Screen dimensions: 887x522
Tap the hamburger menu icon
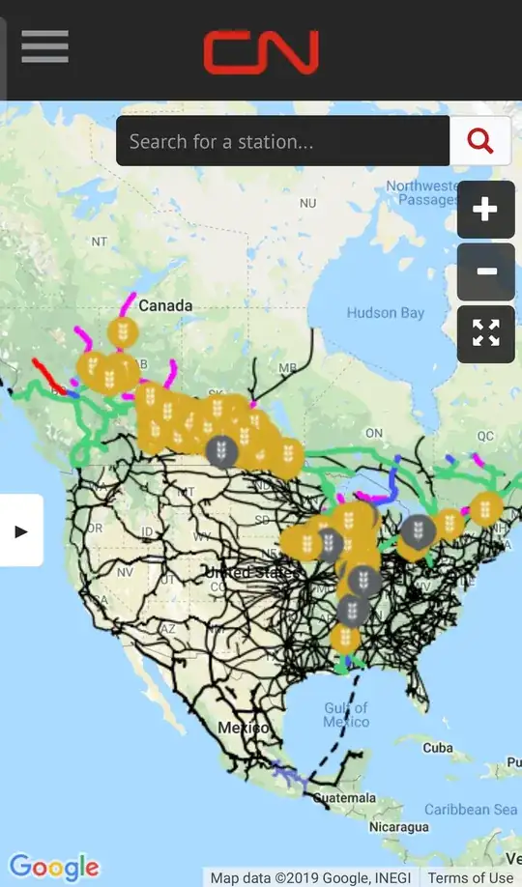44,46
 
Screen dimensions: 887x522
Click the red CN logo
260,51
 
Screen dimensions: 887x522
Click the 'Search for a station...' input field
282,141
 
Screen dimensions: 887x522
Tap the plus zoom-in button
485,209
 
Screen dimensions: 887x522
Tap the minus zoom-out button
485,272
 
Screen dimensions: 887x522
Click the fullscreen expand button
485,333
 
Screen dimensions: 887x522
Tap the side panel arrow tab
21,530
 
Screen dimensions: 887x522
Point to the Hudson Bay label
385,312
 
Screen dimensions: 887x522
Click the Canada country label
165,305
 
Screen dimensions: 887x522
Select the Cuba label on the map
438,748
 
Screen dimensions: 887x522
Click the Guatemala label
345,798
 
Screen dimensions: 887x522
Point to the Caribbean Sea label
471,810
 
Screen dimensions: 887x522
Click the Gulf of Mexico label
346,715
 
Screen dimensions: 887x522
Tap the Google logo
53,866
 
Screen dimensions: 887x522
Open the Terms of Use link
471,877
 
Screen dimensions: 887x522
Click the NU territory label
307,203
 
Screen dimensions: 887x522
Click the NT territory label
99,242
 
